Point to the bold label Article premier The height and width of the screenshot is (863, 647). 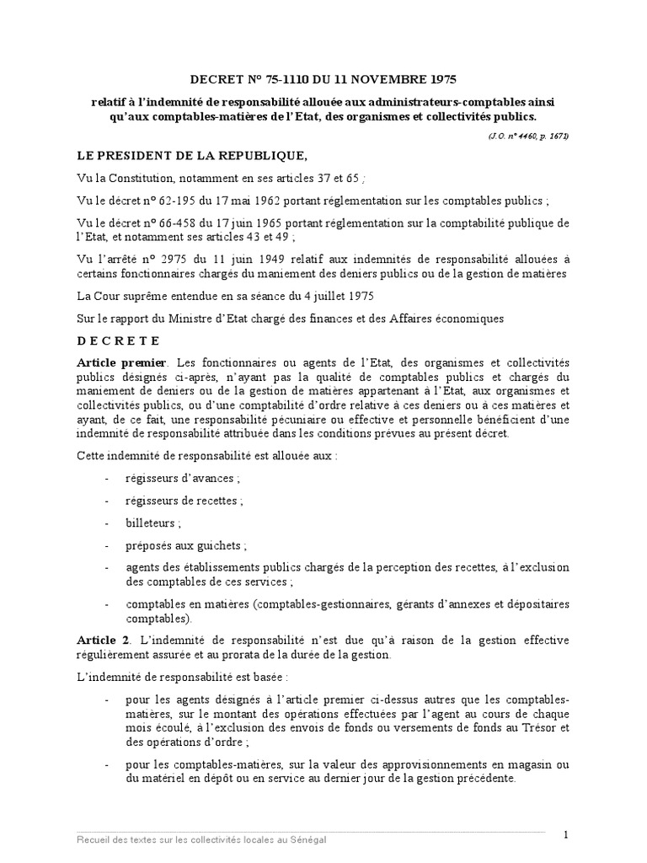[x=115, y=361]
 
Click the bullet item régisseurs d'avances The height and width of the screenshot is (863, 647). [x=181, y=479]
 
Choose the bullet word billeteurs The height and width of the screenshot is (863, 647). [x=152, y=523]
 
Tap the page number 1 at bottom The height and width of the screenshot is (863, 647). [x=567, y=834]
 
